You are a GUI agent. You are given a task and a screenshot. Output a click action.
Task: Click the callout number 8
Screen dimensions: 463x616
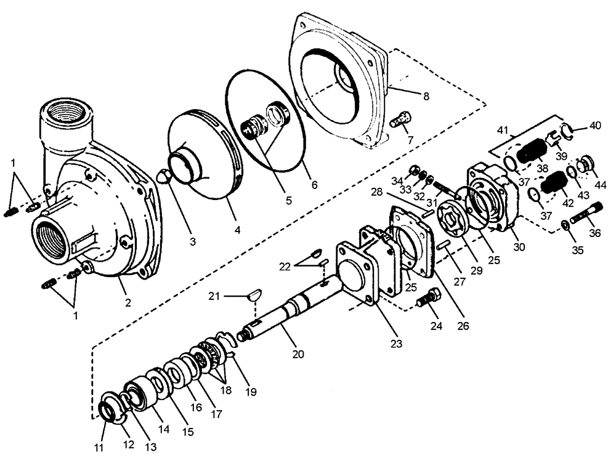(x=426, y=97)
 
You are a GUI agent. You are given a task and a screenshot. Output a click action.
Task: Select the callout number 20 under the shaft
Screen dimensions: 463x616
(x=298, y=354)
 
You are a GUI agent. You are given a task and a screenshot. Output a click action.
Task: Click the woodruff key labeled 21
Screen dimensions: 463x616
(x=253, y=297)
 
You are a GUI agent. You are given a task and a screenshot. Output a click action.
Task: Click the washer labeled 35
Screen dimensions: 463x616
(x=565, y=225)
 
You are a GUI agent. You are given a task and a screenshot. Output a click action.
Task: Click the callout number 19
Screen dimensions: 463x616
(x=251, y=392)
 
